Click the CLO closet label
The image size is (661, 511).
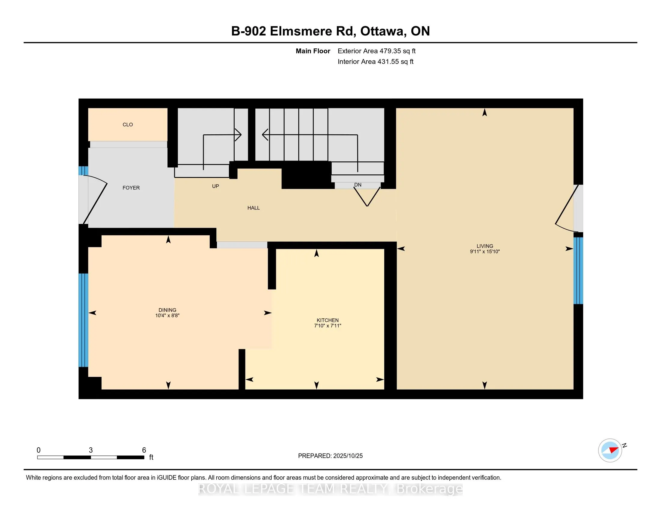[128, 124]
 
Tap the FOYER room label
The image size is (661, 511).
[131, 188]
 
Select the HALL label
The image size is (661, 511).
[253, 208]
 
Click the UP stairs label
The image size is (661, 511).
[215, 186]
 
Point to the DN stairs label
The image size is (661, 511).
[358, 185]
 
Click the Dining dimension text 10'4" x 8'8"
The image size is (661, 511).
[167, 315]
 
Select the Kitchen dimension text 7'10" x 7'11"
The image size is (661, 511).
[327, 326]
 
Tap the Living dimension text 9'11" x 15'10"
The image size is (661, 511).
[485, 252]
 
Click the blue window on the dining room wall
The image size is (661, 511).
[83, 320]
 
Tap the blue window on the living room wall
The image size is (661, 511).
[578, 270]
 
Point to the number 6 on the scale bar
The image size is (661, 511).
[144, 450]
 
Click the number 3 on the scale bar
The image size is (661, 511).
[90, 450]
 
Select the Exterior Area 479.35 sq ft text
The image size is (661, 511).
[376, 51]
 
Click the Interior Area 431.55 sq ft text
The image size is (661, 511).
[375, 62]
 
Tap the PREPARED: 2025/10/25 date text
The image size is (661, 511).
[330, 456]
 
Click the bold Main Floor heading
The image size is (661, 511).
[313, 51]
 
